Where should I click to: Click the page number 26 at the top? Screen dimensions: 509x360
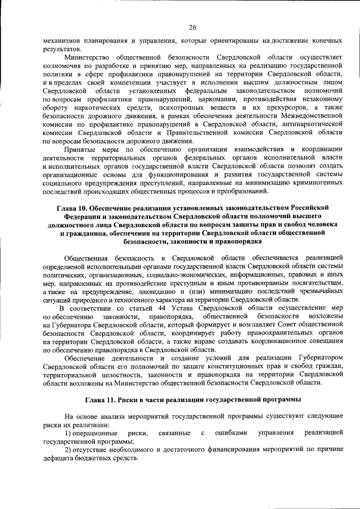[192, 28]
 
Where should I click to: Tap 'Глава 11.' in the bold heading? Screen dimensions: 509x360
[101, 399]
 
